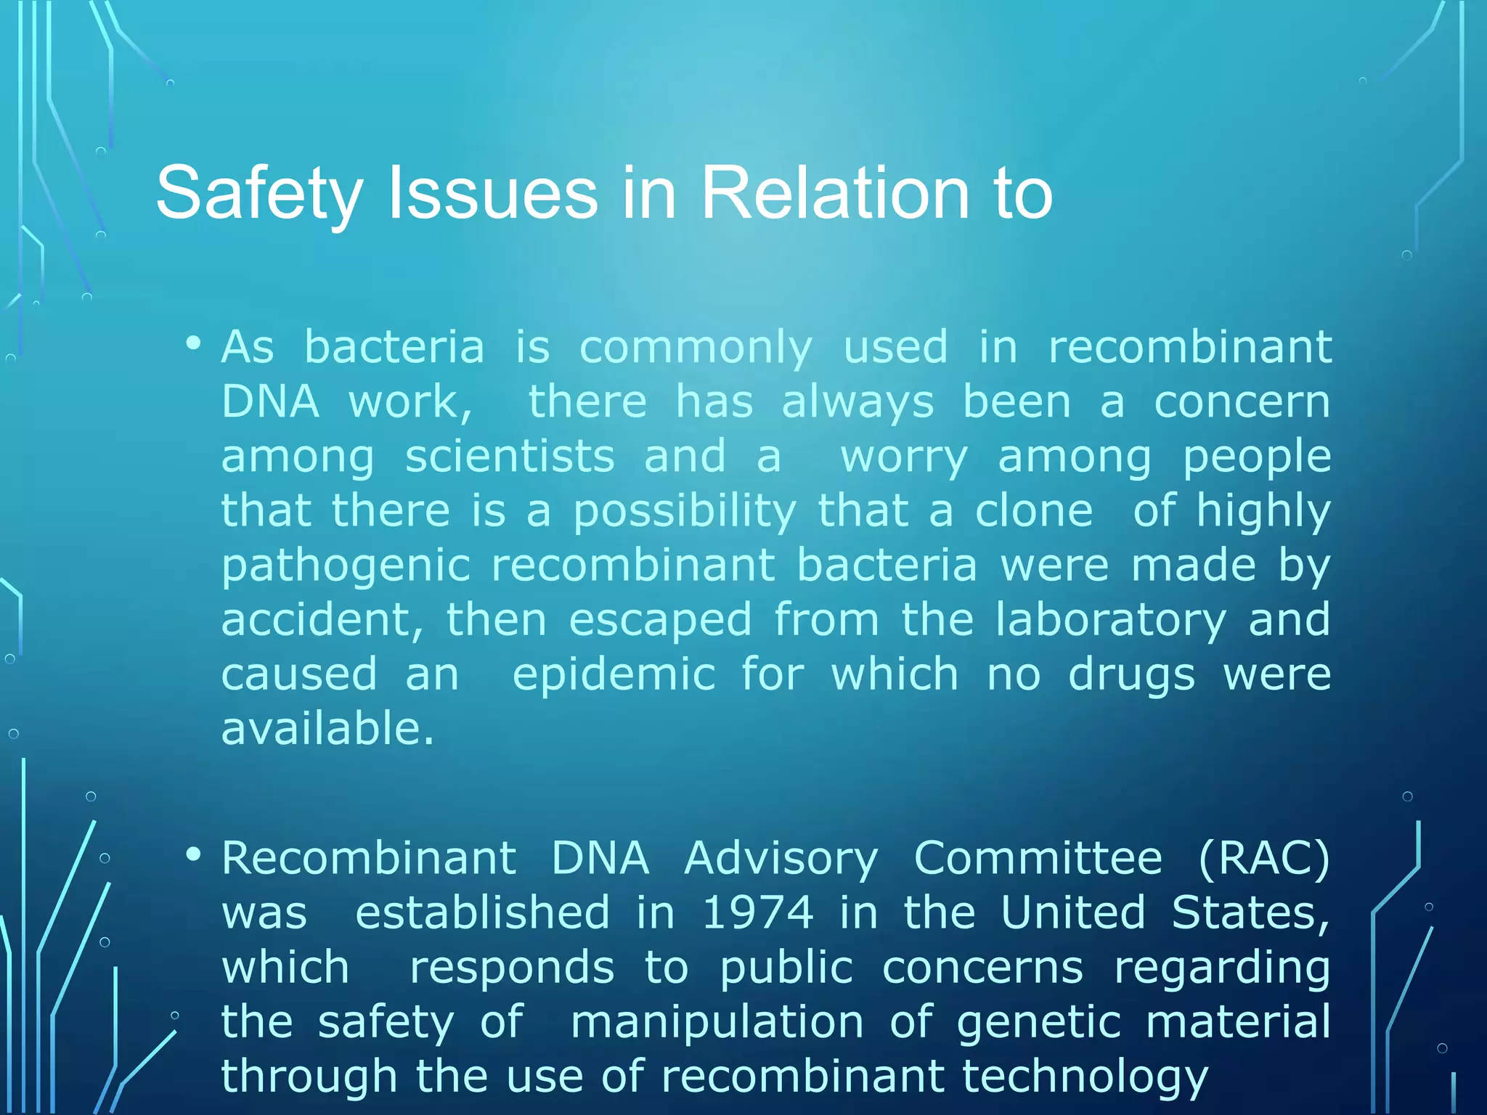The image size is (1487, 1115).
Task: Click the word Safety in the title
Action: (x=259, y=194)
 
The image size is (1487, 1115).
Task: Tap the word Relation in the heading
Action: (x=834, y=192)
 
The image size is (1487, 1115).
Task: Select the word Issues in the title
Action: (x=493, y=192)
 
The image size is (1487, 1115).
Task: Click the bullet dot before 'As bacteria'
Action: (x=193, y=343)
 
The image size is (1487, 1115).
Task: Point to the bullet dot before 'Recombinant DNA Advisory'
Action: (x=193, y=854)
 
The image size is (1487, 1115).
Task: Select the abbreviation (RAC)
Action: (x=1264, y=858)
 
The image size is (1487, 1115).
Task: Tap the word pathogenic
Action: (x=346, y=567)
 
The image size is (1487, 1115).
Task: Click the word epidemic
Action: (x=614, y=675)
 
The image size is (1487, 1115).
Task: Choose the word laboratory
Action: (x=1110, y=621)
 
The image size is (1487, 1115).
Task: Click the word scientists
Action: (x=510, y=457)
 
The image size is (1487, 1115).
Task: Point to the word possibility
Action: (x=685, y=512)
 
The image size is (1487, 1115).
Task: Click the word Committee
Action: (x=1038, y=858)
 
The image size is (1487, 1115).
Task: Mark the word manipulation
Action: (x=717, y=1022)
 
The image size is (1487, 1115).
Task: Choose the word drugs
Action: (x=1131, y=676)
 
